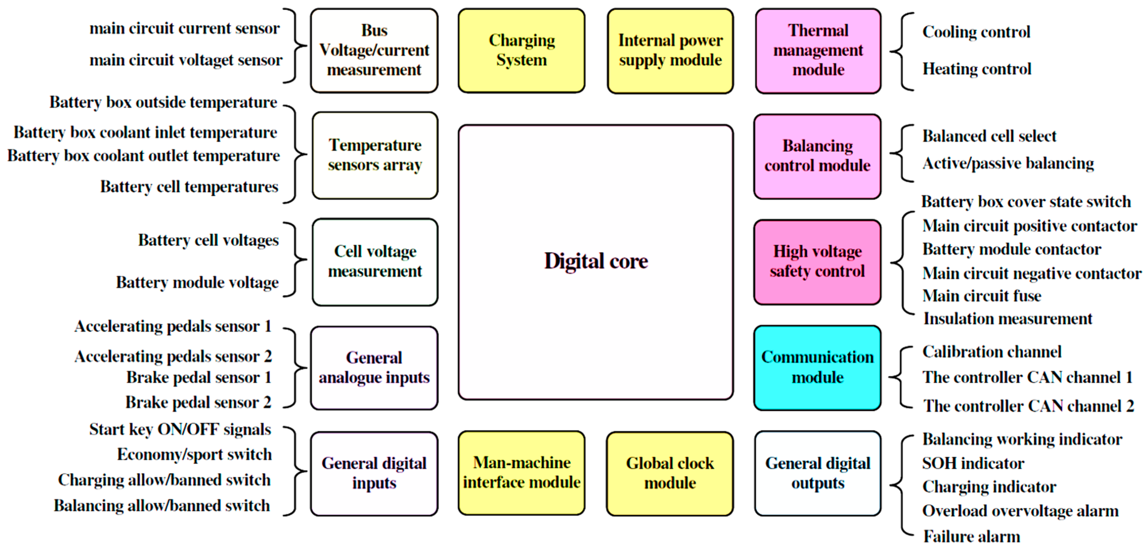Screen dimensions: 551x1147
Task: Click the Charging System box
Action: click(x=521, y=50)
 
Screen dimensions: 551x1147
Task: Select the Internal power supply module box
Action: click(x=670, y=50)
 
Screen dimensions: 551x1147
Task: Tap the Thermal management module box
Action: click(x=818, y=50)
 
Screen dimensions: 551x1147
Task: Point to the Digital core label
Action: click(x=596, y=261)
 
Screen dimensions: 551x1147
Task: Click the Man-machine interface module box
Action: click(x=521, y=473)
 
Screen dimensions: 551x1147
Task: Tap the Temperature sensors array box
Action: click(x=375, y=155)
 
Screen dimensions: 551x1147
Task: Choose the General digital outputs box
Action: click(x=818, y=473)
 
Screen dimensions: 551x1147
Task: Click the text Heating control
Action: click(x=977, y=69)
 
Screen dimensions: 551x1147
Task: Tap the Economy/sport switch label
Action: click(x=194, y=454)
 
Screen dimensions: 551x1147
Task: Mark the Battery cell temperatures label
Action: click(x=189, y=187)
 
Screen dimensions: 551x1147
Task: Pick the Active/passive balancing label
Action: click(x=1008, y=163)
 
